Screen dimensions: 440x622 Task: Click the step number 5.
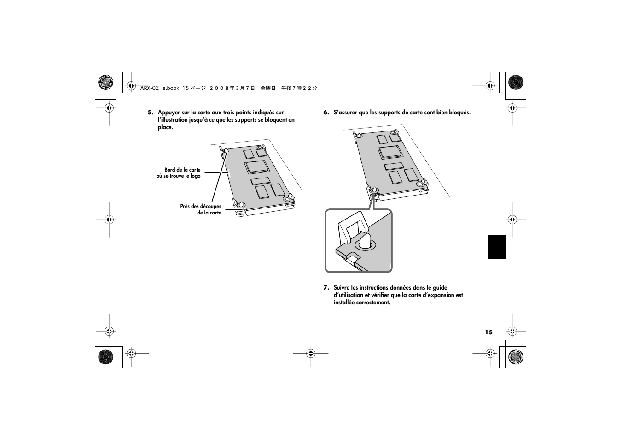coord(150,113)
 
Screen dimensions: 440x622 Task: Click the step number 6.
coord(326,113)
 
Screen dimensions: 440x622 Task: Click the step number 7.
coord(326,288)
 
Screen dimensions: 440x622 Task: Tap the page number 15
coord(488,332)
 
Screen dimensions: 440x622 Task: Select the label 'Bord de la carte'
coord(182,170)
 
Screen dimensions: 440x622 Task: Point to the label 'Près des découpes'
coord(200,206)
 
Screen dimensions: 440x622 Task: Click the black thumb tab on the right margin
coord(497,247)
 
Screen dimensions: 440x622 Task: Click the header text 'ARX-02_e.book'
coord(159,88)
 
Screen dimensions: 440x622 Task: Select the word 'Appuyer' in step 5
coord(168,113)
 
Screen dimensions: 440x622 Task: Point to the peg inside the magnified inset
coord(365,241)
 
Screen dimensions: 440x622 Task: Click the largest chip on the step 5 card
coord(257,167)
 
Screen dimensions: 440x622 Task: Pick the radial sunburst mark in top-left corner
coord(105,83)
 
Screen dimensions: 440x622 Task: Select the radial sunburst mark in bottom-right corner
coord(515,357)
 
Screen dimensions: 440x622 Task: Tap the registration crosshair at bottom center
coord(311,354)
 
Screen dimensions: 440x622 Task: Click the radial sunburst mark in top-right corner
coord(515,83)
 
